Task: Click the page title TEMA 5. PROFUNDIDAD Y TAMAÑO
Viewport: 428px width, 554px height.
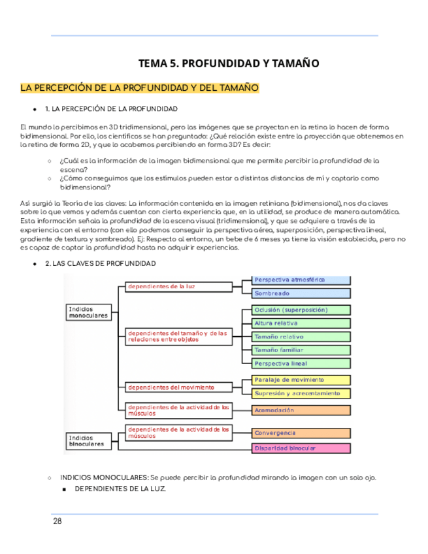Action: (x=228, y=63)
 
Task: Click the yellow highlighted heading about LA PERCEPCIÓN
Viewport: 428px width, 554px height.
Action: (x=140, y=88)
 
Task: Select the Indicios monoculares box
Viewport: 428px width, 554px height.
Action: (x=91, y=312)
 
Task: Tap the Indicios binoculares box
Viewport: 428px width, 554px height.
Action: (x=91, y=441)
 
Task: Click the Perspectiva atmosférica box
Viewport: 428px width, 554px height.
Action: (x=301, y=280)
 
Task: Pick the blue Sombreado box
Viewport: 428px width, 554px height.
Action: (x=301, y=293)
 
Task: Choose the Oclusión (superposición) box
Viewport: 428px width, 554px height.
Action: (x=301, y=310)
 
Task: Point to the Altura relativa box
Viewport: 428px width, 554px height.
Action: (x=301, y=323)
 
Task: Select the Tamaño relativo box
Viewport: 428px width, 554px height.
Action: (x=301, y=336)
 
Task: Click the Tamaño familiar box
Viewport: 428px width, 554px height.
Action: (x=301, y=350)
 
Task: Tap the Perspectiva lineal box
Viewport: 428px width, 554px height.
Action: (x=301, y=363)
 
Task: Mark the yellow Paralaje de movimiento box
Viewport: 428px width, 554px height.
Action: (x=301, y=380)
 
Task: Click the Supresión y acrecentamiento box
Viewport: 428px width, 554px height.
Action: (x=301, y=393)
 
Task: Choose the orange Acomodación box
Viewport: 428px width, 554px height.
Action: (x=301, y=410)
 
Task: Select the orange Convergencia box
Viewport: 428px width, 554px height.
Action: (x=301, y=432)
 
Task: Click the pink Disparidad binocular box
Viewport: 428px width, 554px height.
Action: (x=301, y=448)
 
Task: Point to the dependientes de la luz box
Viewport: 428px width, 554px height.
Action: (x=178, y=286)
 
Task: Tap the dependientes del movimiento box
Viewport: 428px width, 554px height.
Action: (x=178, y=387)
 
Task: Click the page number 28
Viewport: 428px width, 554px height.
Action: (x=58, y=521)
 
